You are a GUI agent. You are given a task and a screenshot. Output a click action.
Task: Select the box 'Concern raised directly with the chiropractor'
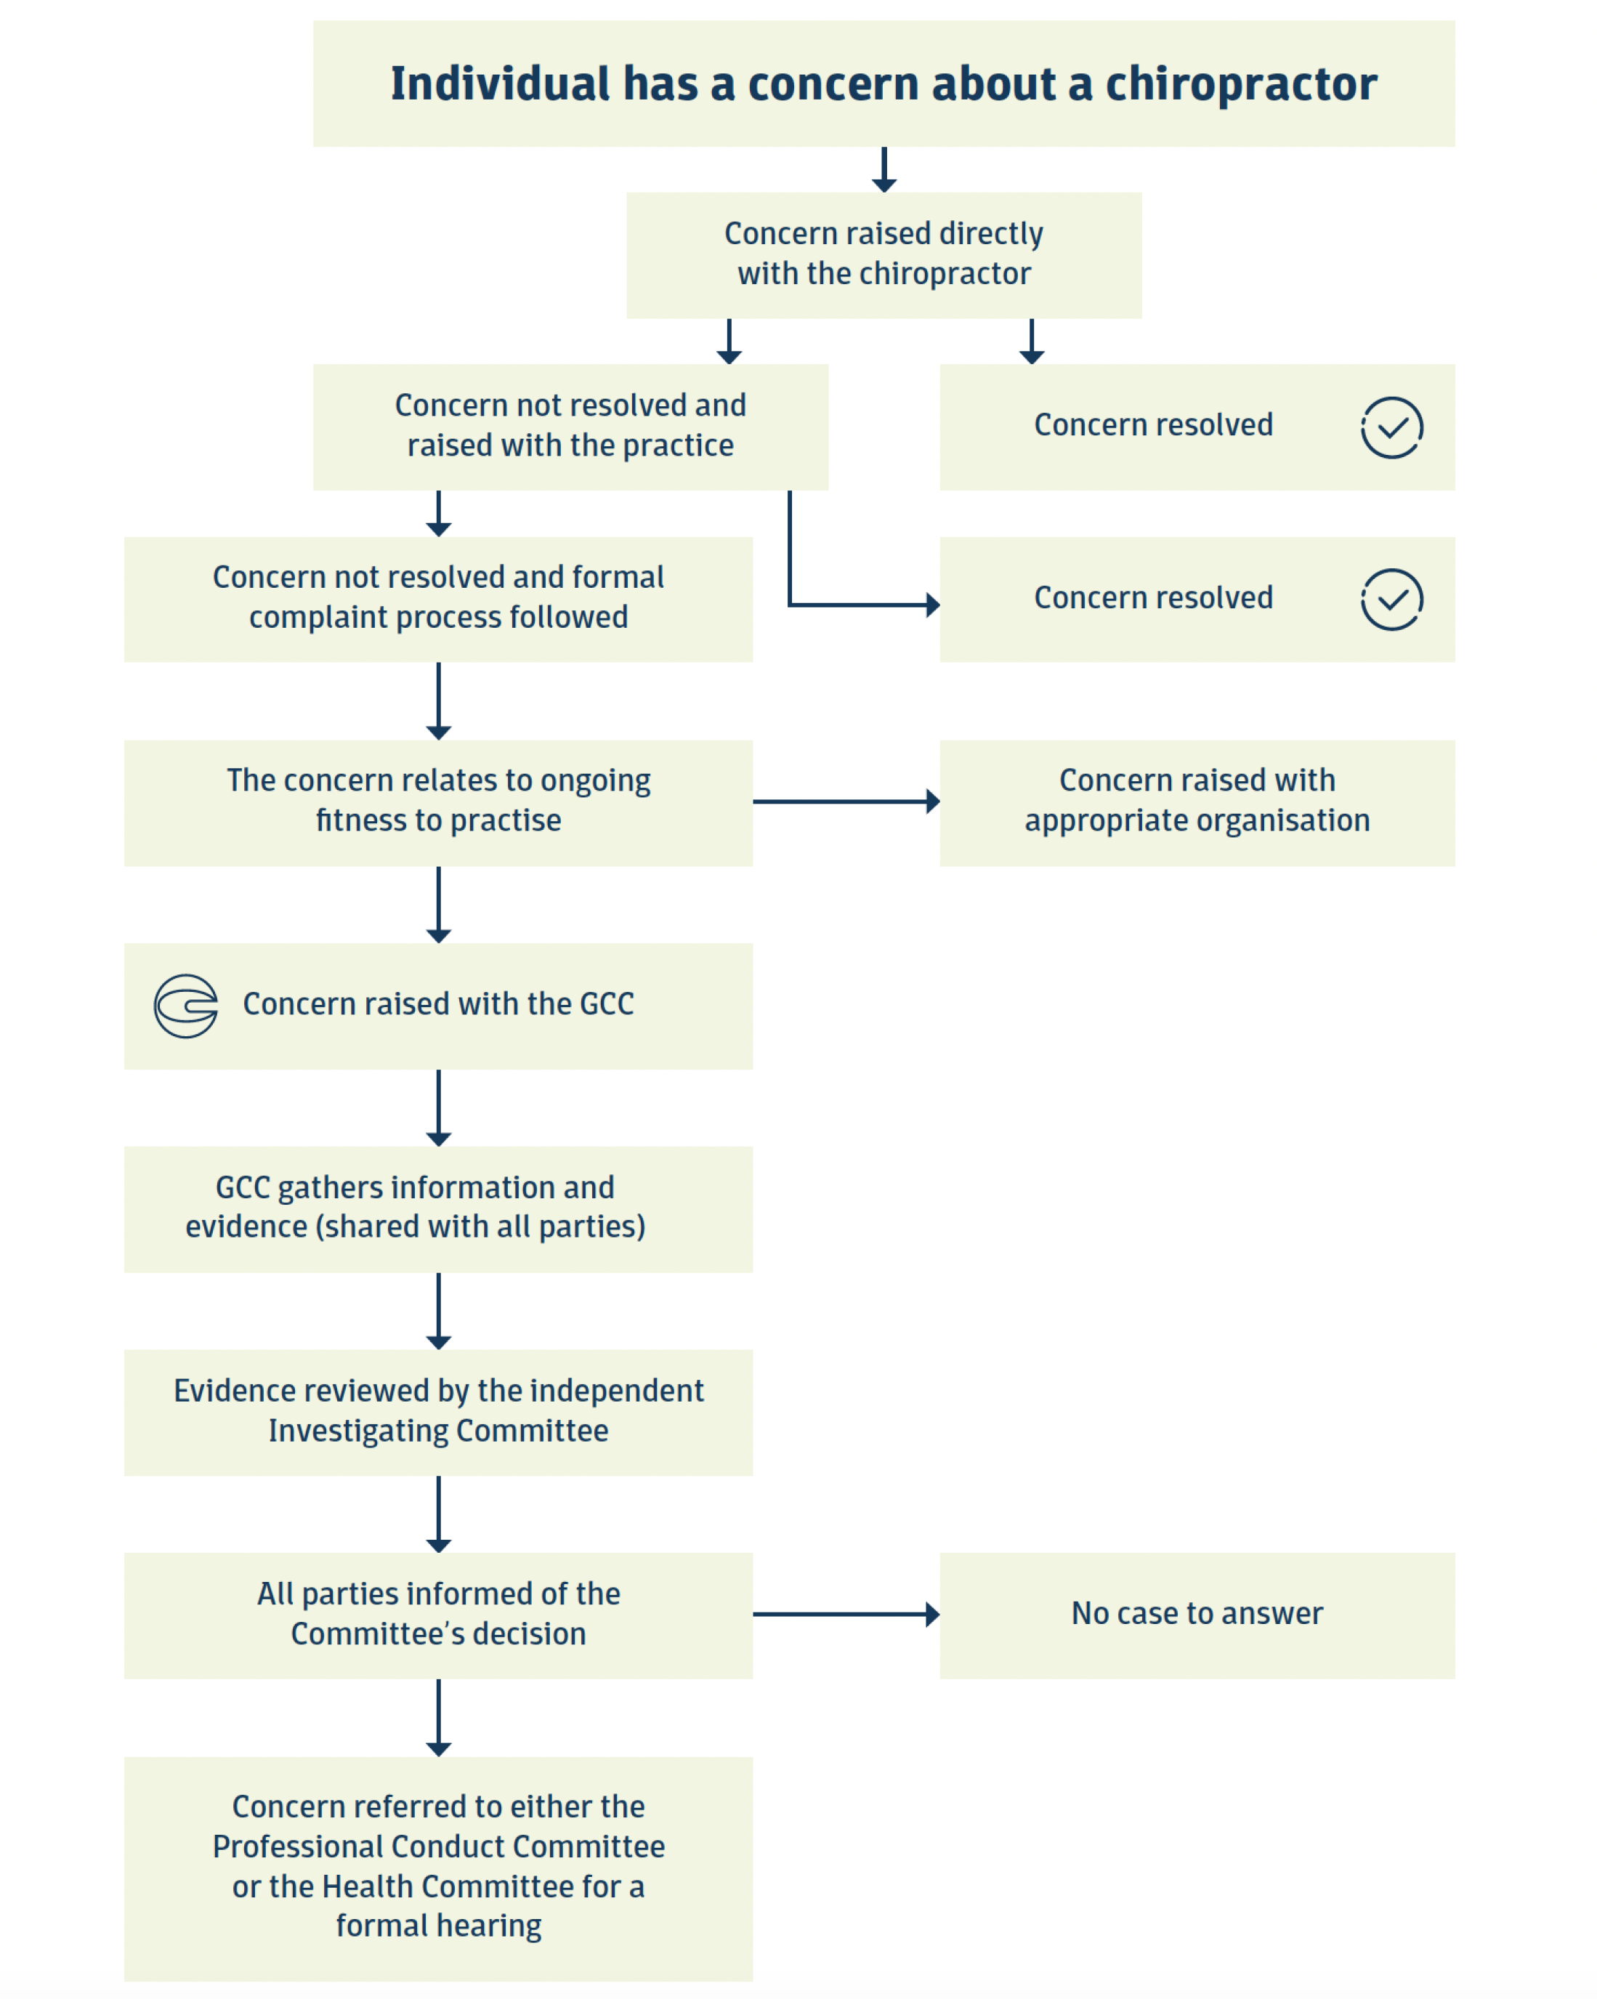pos(884,255)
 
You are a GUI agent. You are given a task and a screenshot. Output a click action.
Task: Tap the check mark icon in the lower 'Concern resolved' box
pos(1391,600)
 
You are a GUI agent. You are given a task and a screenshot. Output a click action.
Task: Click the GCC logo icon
pos(185,1006)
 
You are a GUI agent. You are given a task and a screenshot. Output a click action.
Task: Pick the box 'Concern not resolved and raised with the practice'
pos(570,427)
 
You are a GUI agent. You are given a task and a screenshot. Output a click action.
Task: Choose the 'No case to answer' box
pos(1197,1615)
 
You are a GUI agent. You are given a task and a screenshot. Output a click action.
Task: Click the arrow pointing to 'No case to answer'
pos(846,1614)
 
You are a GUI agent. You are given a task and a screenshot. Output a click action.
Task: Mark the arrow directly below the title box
pos(884,170)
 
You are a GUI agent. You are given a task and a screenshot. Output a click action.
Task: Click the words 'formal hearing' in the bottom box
pos(438,1926)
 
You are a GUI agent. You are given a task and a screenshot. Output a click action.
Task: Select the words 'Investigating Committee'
pos(438,1431)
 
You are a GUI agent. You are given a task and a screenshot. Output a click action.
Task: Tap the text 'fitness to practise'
pos(438,820)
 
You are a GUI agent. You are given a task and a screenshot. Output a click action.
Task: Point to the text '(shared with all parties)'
pos(480,1227)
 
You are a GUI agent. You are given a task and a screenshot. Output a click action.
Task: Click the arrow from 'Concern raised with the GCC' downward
pos(438,1108)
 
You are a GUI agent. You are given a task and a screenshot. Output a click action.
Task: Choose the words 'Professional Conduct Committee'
pos(438,1846)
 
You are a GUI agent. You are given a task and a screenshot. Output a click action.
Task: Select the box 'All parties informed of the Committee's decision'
pos(438,1615)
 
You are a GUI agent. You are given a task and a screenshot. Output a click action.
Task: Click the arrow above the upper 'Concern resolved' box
pos(1032,342)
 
